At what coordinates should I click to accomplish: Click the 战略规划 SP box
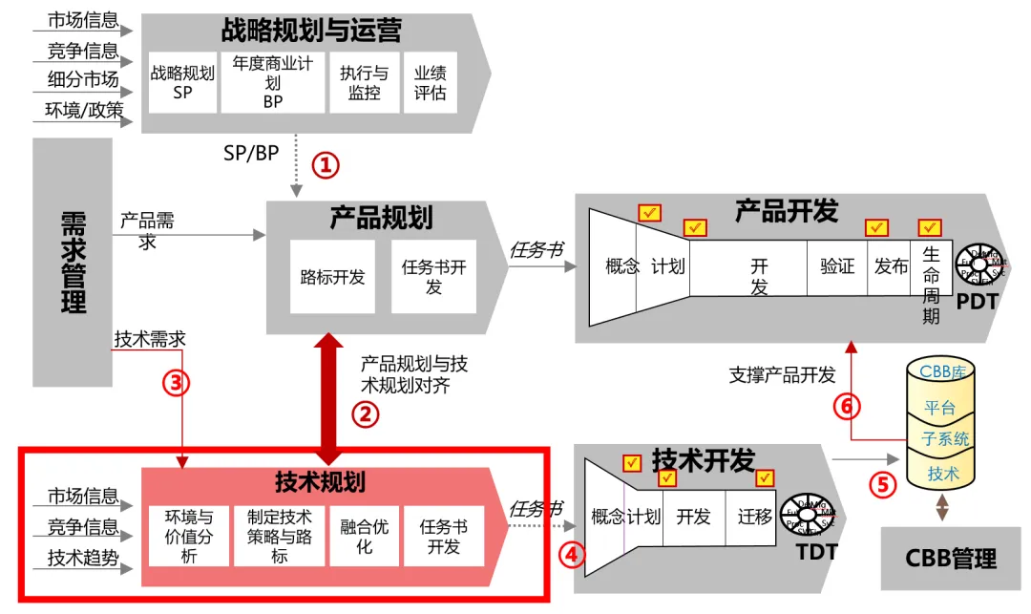coord(182,82)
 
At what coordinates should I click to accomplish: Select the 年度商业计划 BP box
coord(273,82)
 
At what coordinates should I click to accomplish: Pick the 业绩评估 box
coord(430,82)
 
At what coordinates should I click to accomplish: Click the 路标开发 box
coord(332,277)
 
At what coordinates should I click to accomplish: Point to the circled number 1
coord(326,164)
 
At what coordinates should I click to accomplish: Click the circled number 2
coord(366,413)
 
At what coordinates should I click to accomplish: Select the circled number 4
coord(571,554)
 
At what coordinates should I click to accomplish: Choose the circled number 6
coord(846,406)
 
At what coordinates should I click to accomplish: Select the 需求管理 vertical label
coord(73,263)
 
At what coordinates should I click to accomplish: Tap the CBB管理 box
coord(951,558)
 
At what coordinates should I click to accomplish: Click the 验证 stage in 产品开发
coord(837,266)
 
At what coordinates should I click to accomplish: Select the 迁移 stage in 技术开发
coord(754,517)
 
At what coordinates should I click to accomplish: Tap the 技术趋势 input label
coord(83,558)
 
